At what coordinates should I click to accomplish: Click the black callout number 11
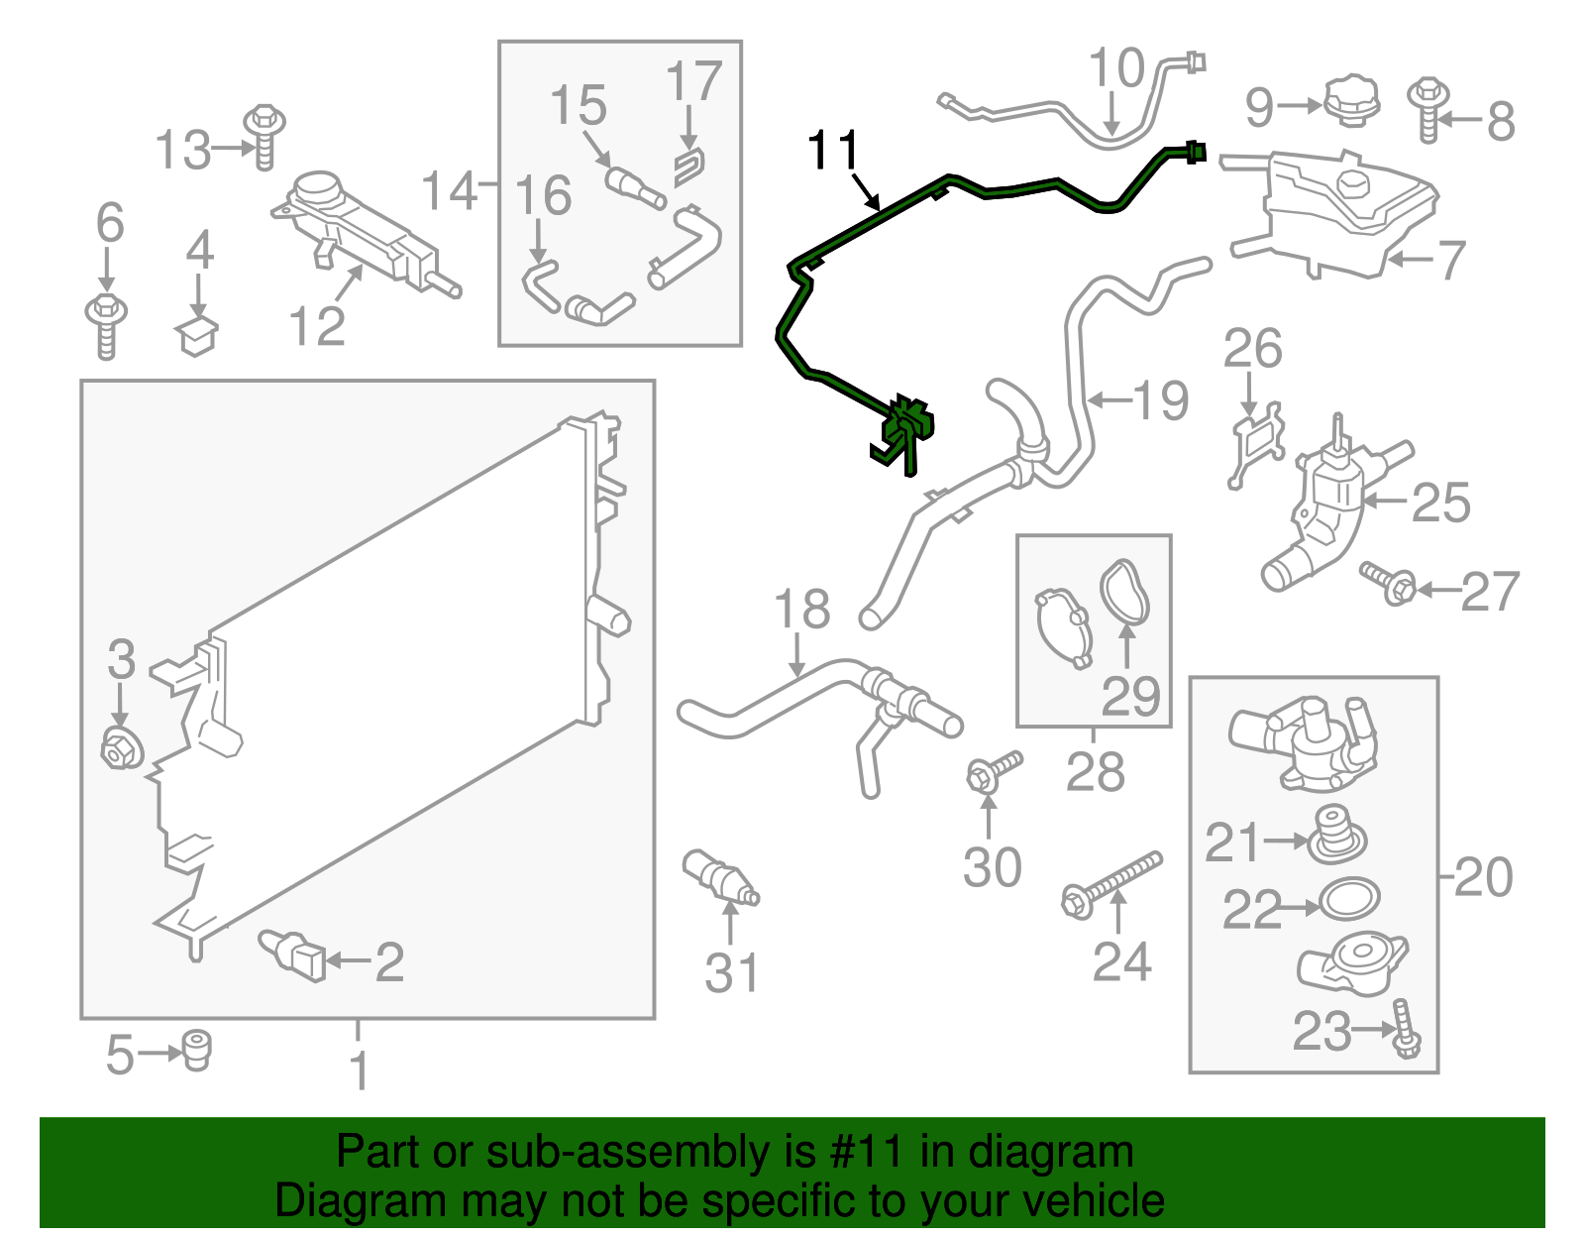pyautogui.click(x=832, y=151)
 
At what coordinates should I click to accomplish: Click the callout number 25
pyautogui.click(x=1440, y=504)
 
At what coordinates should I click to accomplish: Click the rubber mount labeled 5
pyautogui.click(x=198, y=1051)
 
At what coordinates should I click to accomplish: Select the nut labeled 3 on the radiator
pyautogui.click(x=121, y=748)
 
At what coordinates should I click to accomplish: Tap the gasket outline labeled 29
pyautogui.click(x=1126, y=592)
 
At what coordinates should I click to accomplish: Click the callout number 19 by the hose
pyautogui.click(x=1160, y=401)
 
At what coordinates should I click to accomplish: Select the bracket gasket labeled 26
pyautogui.click(x=1256, y=443)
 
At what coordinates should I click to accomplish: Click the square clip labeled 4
pyautogui.click(x=198, y=336)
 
